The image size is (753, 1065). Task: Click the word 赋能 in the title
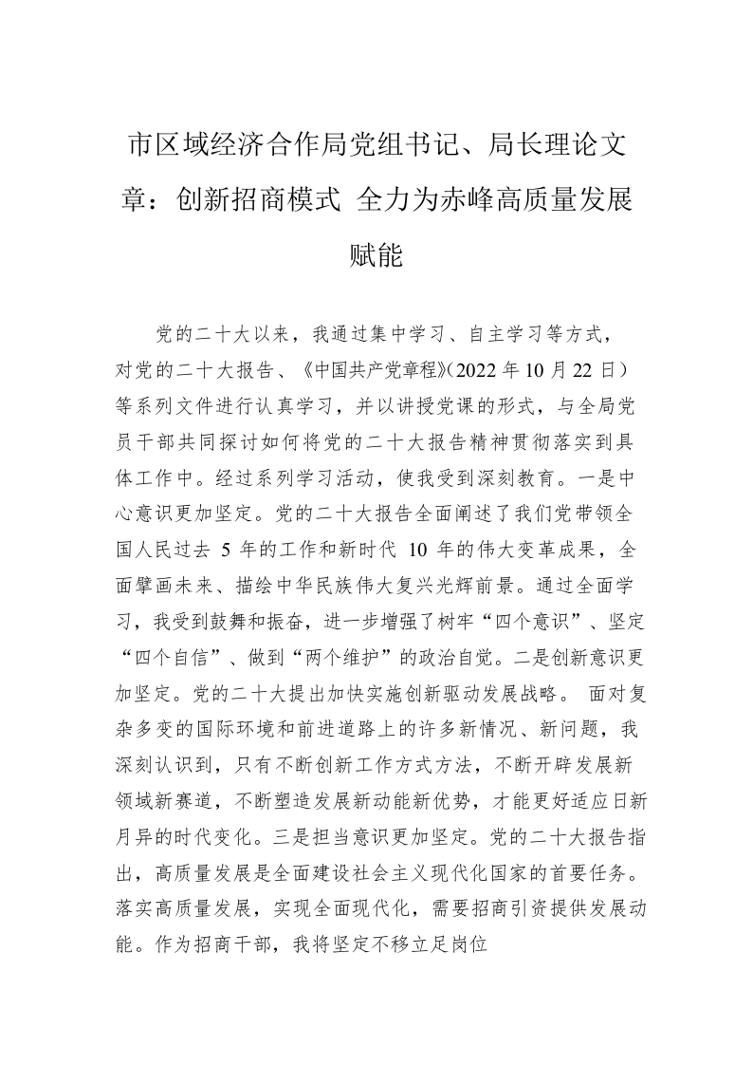[x=376, y=255]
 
